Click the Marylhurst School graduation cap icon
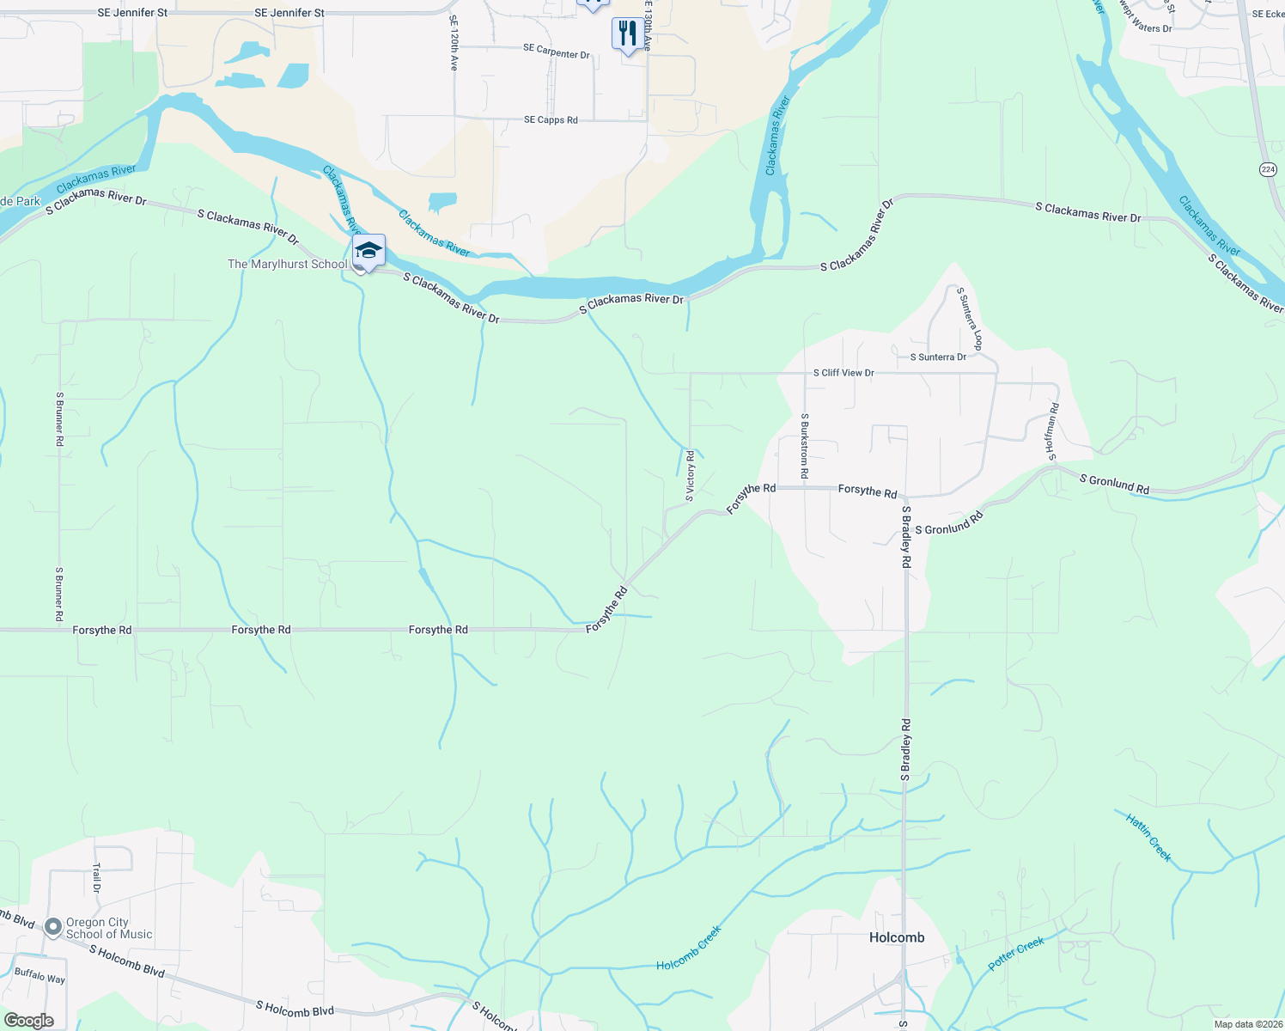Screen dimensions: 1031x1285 368,251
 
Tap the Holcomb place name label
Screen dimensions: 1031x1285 897,937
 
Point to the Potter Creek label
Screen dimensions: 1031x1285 1016,954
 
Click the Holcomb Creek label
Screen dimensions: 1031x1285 689,949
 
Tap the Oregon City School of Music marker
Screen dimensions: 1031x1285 53,927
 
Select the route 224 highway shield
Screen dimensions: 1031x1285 1269,169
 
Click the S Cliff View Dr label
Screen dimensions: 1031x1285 843,373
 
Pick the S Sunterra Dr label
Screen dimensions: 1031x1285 938,357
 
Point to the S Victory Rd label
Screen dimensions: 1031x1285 690,476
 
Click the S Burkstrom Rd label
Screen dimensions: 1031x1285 805,446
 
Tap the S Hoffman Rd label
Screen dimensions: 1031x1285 1053,431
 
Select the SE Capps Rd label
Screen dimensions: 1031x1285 551,120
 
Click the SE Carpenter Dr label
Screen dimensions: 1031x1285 557,52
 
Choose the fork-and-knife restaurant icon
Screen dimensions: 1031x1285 628,34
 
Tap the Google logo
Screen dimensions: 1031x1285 28,1021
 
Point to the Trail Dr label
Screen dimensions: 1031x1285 97,878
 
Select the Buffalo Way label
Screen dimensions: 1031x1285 40,977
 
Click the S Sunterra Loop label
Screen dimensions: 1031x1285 969,319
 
